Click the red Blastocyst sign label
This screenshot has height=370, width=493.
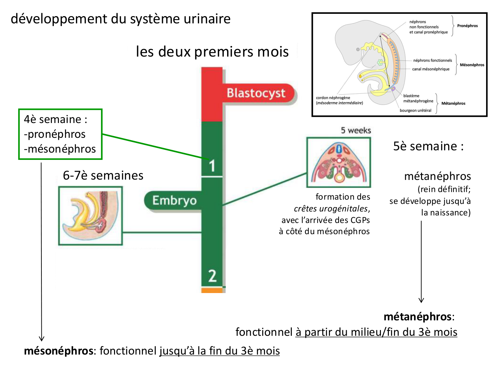[x=256, y=93]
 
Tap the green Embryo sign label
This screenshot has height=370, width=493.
[x=174, y=200]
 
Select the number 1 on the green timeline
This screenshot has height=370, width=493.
[x=212, y=165]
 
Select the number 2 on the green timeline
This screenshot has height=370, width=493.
[x=212, y=276]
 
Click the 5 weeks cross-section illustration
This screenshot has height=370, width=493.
[x=339, y=162]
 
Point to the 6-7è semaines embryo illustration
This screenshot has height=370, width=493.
[x=90, y=216]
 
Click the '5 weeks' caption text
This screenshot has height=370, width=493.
[x=356, y=131]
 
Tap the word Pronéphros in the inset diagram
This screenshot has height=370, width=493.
[x=467, y=26]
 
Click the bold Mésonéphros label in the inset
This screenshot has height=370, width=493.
[x=472, y=65]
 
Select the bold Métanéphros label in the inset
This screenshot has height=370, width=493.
[x=453, y=103]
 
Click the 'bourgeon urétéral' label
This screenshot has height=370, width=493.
[x=415, y=111]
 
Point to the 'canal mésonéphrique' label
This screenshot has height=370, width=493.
[x=431, y=69]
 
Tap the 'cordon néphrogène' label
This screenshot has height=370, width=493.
[x=333, y=98]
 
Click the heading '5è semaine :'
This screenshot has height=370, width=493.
[x=428, y=146]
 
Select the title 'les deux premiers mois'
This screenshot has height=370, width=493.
[x=212, y=52]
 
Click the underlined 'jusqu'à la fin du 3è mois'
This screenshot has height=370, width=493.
[x=220, y=351]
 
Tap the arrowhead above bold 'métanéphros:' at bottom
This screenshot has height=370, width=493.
[x=421, y=300]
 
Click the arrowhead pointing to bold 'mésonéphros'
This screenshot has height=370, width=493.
[x=41, y=338]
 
